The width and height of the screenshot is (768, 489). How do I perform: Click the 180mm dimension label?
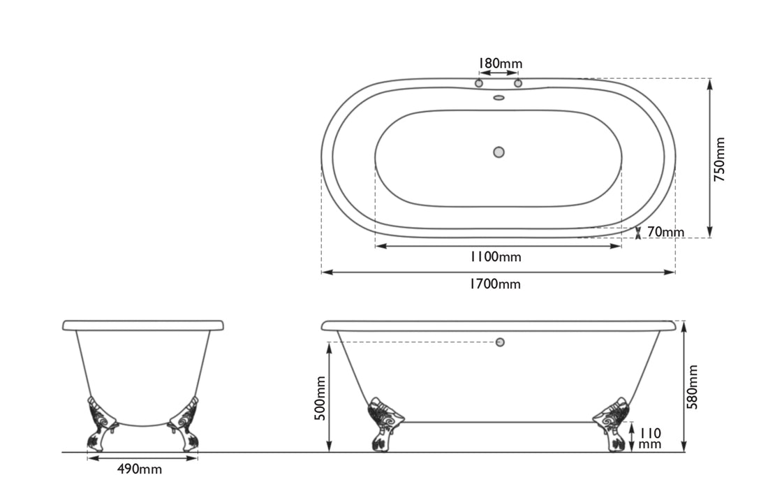point(499,64)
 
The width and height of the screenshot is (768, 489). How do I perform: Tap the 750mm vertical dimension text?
point(721,159)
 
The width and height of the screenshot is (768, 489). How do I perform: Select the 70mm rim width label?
point(665,232)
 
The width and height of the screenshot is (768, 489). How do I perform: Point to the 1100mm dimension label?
point(495,256)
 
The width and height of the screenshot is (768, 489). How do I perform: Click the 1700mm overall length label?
point(495,284)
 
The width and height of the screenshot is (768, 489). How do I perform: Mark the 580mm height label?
point(692,386)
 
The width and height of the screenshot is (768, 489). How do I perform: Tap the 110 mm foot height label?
point(649,438)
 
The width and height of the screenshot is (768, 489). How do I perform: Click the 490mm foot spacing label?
point(140,469)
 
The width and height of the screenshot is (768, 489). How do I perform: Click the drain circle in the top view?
point(499,152)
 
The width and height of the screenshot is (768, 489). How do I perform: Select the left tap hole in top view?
point(479,83)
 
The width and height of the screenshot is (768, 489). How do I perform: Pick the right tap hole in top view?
point(518,83)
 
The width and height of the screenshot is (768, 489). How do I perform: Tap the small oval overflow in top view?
point(499,98)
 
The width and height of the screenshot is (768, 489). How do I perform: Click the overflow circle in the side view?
point(500,342)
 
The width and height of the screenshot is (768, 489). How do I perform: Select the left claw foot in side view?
point(383,423)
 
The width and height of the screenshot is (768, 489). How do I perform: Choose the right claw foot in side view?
point(612,423)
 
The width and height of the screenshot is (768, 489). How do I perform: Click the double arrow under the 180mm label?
point(499,73)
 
